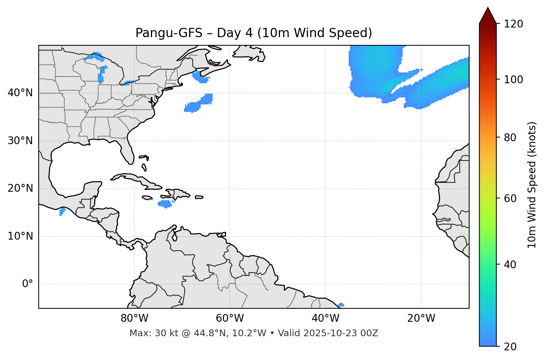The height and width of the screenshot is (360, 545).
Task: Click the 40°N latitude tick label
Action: tap(20, 93)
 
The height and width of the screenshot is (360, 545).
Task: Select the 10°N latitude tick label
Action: tap(20, 236)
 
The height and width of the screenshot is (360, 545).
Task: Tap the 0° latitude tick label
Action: tap(27, 284)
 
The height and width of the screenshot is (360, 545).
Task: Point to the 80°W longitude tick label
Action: tap(134, 318)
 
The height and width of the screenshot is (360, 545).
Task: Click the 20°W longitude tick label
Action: tap(421, 318)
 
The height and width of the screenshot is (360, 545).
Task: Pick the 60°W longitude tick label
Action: tap(230, 318)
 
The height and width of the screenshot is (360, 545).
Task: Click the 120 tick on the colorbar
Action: tap(513, 24)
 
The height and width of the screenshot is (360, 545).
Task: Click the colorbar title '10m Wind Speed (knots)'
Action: tap(532, 185)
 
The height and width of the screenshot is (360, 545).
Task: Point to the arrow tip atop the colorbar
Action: tap(488, 8)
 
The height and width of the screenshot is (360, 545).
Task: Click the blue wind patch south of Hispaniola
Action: tap(165, 204)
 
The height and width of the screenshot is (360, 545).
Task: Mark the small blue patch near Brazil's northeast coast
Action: tap(341, 305)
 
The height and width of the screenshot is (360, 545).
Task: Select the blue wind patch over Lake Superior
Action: tap(94, 57)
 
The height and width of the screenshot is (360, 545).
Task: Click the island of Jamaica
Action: tap(147, 198)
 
